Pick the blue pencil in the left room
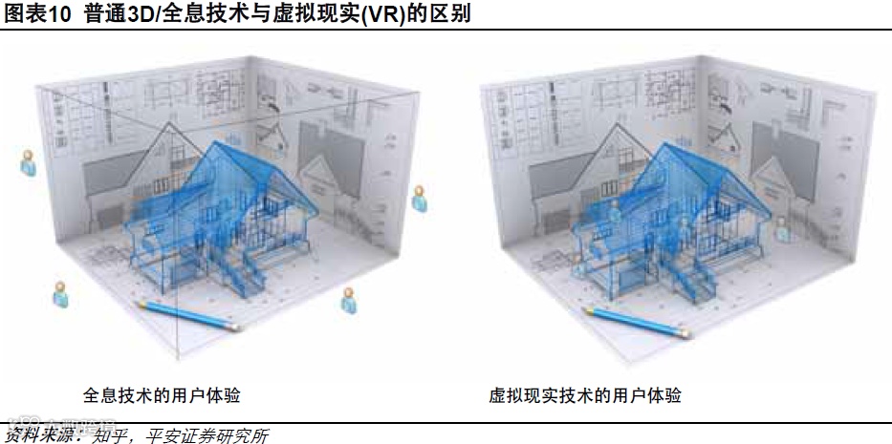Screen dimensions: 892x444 (x=186, y=316)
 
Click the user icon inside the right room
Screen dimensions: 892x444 (x=783, y=227)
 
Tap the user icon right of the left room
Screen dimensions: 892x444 (x=419, y=199)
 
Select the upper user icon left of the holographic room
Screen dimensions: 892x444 (x=28, y=162)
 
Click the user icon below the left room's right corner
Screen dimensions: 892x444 (x=350, y=300)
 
